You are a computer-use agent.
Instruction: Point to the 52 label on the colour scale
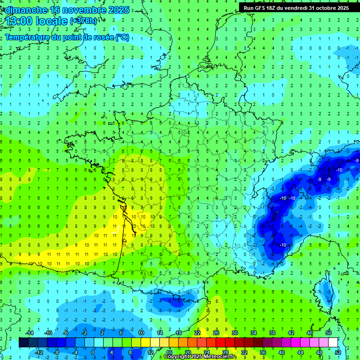coord(337,352)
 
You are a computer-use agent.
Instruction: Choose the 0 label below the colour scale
coord(93,352)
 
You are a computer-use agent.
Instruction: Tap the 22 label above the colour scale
coord(197,333)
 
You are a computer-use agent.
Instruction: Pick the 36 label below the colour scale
coord(262,352)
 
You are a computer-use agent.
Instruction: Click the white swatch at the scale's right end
coord(333,343)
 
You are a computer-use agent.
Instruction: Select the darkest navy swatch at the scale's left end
coord(23,343)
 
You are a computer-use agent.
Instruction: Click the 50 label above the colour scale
coord(329,333)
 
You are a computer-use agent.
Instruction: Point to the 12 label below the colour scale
coord(150,352)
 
